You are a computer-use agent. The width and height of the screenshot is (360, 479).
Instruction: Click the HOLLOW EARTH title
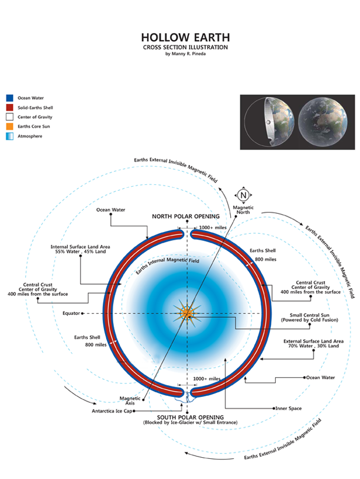(x=185, y=38)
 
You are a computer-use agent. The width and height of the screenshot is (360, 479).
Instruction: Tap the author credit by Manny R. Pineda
(x=185, y=54)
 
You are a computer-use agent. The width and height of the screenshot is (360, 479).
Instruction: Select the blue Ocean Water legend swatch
(x=10, y=98)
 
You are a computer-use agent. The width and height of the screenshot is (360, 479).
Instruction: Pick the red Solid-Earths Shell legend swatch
(x=10, y=107)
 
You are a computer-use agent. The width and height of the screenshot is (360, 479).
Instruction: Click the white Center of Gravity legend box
(x=10, y=117)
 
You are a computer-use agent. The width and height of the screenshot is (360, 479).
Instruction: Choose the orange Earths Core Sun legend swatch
(x=10, y=126)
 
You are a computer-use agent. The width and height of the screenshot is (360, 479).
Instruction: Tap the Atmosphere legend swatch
(x=10, y=136)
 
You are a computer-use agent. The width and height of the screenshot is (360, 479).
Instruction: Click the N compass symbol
(x=243, y=195)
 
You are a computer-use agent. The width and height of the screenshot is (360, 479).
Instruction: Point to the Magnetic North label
(x=243, y=210)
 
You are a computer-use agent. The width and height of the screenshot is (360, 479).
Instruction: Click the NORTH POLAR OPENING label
(x=186, y=217)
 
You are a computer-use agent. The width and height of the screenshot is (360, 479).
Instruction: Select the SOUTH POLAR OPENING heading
(x=190, y=418)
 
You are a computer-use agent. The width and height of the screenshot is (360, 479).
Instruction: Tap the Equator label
(x=71, y=314)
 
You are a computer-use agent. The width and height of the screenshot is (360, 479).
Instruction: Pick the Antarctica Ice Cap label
(x=112, y=411)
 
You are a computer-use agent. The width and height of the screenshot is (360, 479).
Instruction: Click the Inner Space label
(x=289, y=409)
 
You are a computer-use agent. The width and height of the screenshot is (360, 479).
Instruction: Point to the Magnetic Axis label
(x=130, y=401)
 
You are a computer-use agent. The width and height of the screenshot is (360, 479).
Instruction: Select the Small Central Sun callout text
(x=310, y=318)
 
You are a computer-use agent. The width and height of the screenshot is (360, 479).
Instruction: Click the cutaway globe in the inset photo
(x=269, y=122)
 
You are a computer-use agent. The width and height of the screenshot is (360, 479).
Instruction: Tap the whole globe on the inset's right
(x=323, y=121)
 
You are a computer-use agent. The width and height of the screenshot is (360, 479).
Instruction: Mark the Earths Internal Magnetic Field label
(x=168, y=265)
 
